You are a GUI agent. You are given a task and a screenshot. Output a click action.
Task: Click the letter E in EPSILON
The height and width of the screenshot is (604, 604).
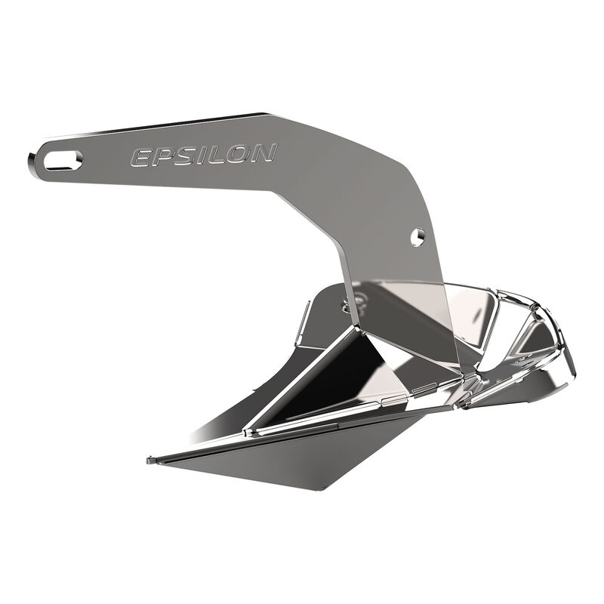click(140, 158)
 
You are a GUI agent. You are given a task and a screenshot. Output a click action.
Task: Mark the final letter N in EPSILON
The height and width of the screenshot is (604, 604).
click(261, 153)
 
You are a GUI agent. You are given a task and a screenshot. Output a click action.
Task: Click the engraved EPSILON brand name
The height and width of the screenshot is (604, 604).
click(202, 155)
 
